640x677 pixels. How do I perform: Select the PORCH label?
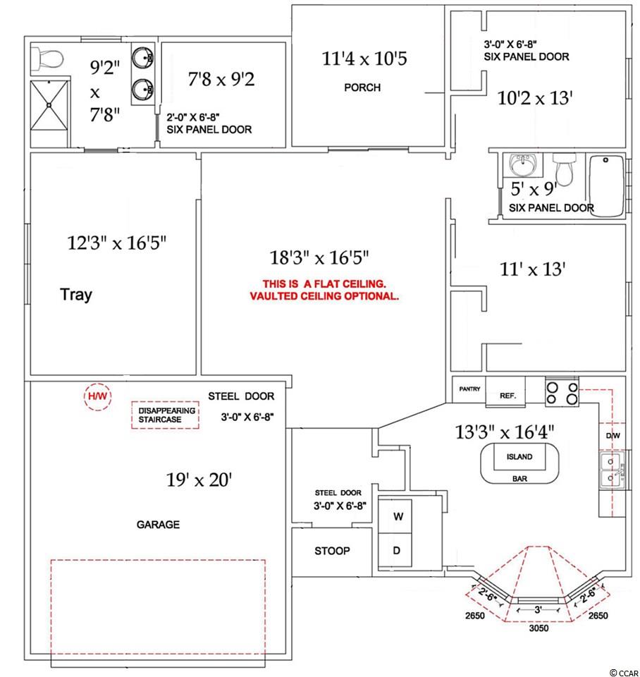pyautogui.click(x=362, y=87)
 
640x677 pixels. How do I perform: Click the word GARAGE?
pyautogui.click(x=158, y=525)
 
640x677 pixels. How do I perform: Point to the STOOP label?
pyautogui.click(x=332, y=551)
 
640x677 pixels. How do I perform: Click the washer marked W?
pyautogui.click(x=395, y=516)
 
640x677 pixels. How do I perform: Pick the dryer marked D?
pyautogui.click(x=395, y=550)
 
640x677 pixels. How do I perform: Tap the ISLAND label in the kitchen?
pyautogui.click(x=519, y=457)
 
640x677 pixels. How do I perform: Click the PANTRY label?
pyautogui.click(x=469, y=389)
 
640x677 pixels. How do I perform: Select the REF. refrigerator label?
pyautogui.click(x=507, y=396)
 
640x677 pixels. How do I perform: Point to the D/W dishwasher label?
pyautogui.click(x=613, y=436)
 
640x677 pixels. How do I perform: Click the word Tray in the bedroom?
pyautogui.click(x=76, y=295)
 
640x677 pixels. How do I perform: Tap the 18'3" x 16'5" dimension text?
pyautogui.click(x=319, y=258)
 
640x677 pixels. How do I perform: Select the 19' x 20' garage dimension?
pyautogui.click(x=199, y=480)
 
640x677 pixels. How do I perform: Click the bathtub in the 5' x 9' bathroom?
pyautogui.click(x=606, y=185)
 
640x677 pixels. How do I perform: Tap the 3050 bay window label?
pyautogui.click(x=539, y=628)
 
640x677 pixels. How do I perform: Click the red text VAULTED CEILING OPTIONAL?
pyautogui.click(x=324, y=296)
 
